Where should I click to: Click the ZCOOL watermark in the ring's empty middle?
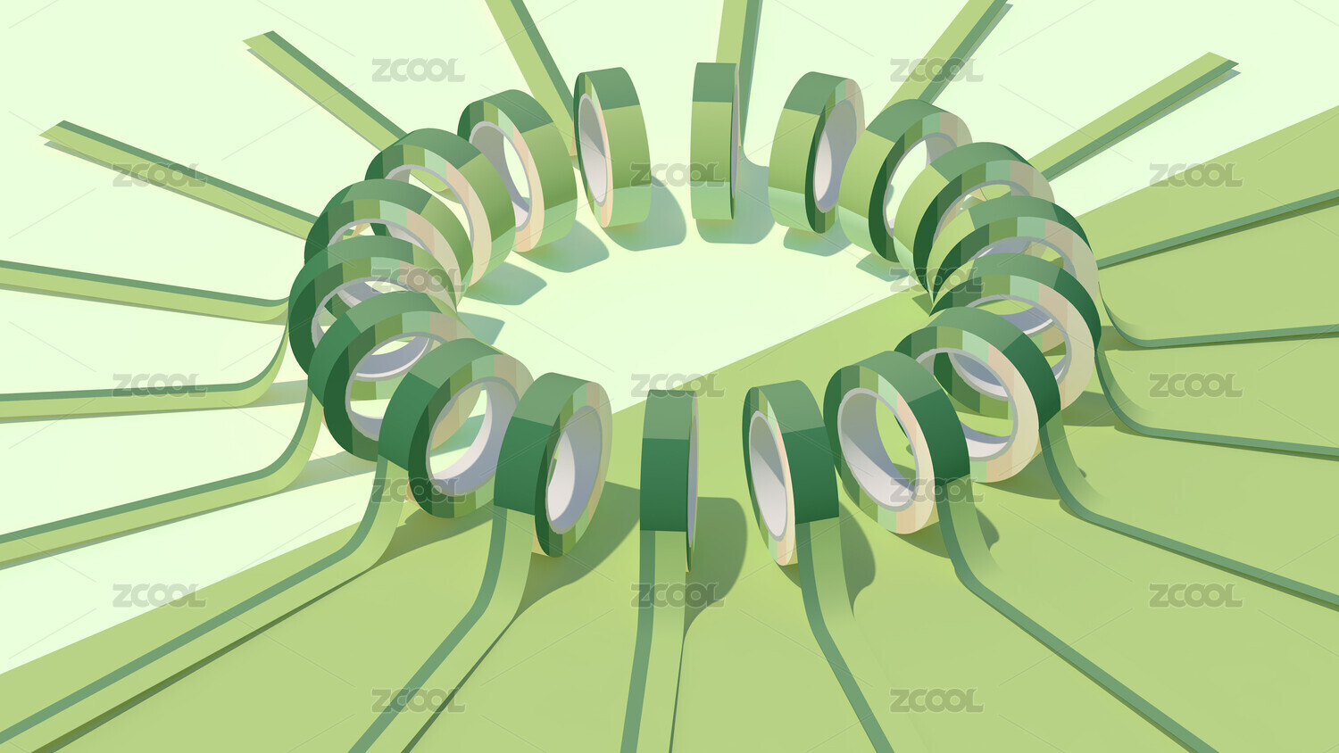click(x=677, y=385)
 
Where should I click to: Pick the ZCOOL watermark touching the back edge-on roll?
click(x=677, y=175)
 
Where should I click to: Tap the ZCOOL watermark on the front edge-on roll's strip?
click(x=677, y=595)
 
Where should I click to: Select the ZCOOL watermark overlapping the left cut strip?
click(x=159, y=175)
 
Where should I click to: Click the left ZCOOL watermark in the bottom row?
click(x=418, y=700)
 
